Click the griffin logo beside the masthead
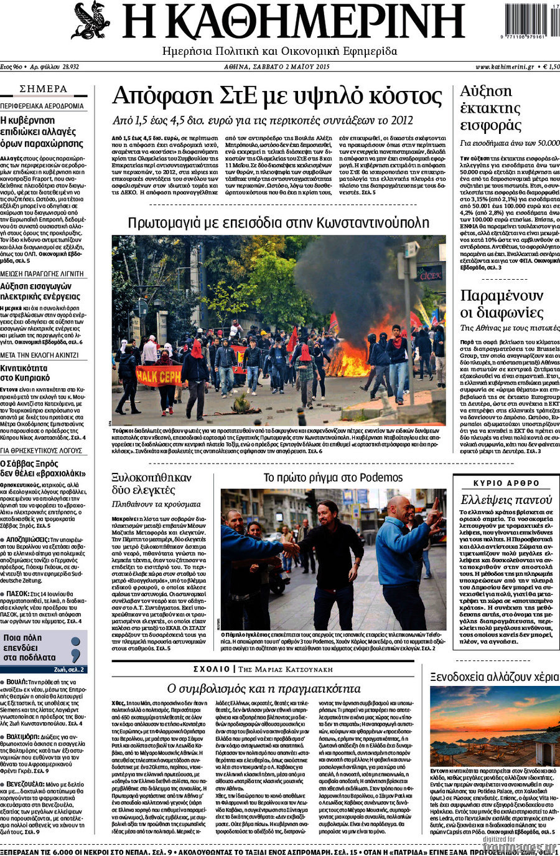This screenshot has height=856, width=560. [x=90, y=20]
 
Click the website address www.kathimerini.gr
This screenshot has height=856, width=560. [x=505, y=66]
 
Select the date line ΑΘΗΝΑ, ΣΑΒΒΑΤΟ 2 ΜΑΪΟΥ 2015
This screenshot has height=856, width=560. [x=277, y=66]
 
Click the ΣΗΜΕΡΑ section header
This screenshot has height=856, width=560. [x=44, y=89]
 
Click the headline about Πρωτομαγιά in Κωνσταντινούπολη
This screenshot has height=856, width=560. [x=278, y=222]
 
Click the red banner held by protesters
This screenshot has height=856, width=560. [x=159, y=375]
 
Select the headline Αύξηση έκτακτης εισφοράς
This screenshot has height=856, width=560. [x=490, y=108]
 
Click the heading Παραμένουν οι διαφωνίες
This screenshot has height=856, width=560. [x=502, y=303]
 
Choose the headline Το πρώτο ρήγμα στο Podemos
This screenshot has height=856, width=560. [x=333, y=478]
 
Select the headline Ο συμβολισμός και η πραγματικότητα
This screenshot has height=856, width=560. [x=264, y=688]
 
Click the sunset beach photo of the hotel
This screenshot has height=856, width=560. [x=495, y=726]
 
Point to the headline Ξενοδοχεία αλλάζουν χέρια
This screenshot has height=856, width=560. [x=494, y=677]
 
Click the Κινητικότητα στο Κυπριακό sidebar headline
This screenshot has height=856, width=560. [x=25, y=373]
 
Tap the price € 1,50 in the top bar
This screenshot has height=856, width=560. [x=548, y=66]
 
